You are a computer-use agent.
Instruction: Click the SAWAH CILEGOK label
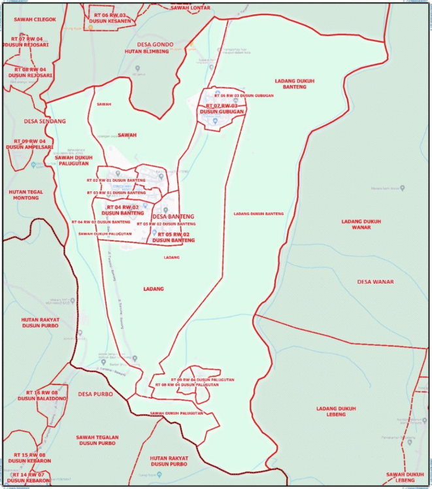(x=34, y=20)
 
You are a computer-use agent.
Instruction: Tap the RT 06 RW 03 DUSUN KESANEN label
(x=118, y=18)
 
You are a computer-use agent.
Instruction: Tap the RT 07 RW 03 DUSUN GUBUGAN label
(x=222, y=109)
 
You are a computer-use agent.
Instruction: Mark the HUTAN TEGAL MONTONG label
(x=26, y=195)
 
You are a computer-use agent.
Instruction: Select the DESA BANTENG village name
(x=173, y=216)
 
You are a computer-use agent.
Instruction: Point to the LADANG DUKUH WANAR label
(x=361, y=225)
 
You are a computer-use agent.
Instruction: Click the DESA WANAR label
(x=376, y=282)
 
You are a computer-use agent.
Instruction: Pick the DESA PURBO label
(x=95, y=394)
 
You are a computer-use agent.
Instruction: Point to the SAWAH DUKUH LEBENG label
(x=405, y=477)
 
